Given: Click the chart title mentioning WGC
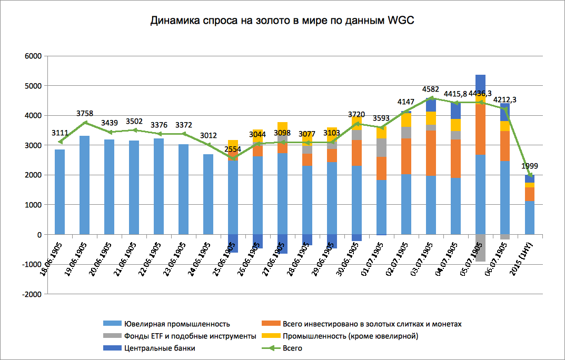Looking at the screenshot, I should tap(283, 21).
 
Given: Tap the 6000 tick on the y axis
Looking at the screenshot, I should tap(33, 56).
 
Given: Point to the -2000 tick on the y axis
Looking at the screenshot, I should tap(32, 294).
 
